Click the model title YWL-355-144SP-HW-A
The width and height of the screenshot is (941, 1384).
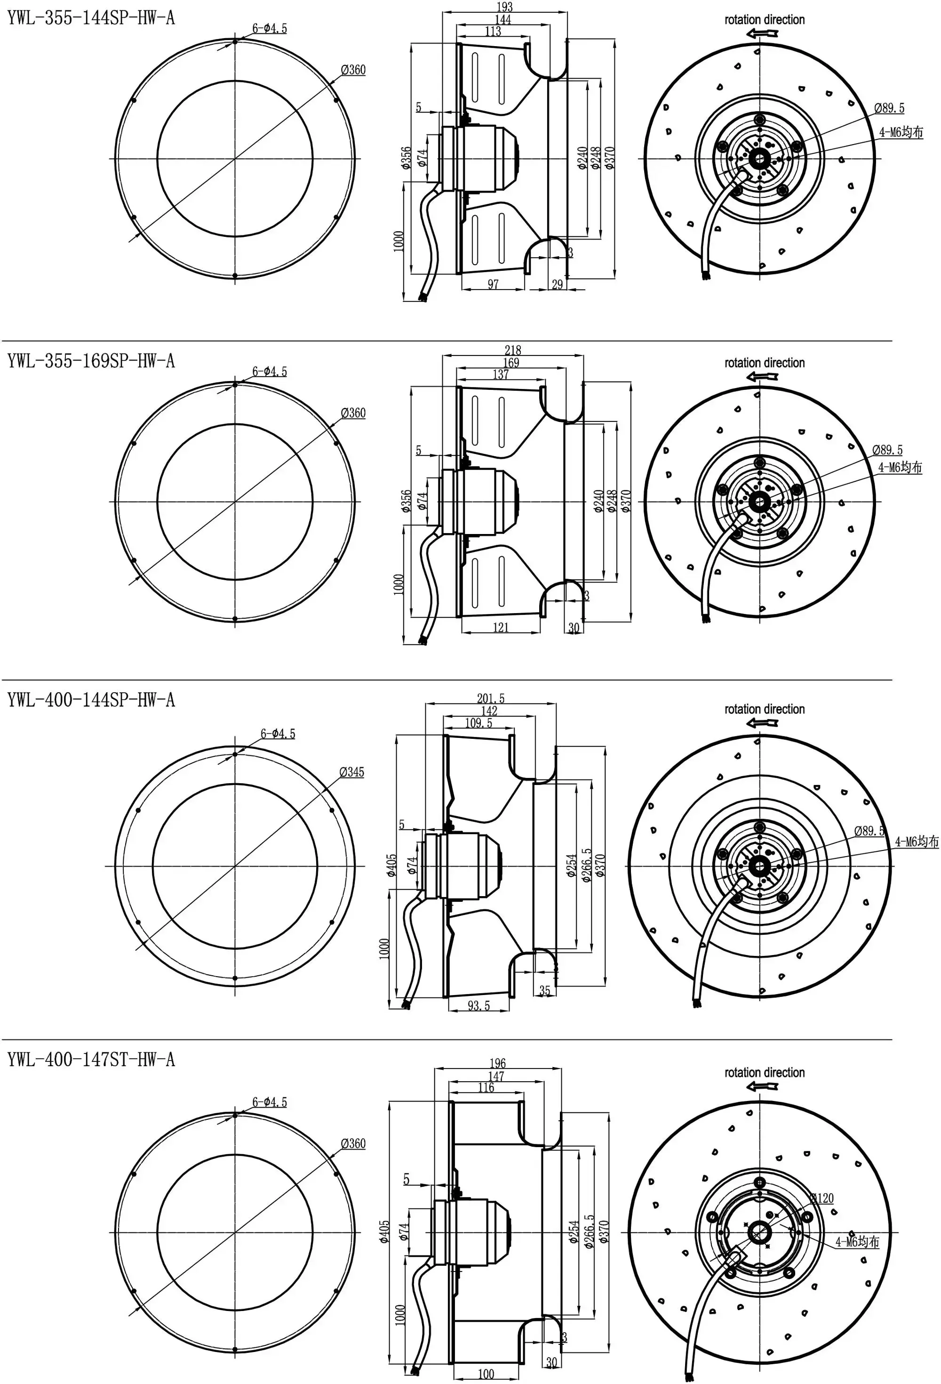point(91,18)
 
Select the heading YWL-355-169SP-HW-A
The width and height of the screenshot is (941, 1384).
point(91,361)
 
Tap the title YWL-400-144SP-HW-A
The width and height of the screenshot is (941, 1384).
point(91,700)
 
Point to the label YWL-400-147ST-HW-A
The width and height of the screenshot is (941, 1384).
point(91,1060)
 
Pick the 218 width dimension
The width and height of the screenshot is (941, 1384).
point(512,350)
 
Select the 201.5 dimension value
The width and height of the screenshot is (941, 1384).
point(490,698)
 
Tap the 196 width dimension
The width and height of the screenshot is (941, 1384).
point(498,1063)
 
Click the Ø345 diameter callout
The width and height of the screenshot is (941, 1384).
point(352,772)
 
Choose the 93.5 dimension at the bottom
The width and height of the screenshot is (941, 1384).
point(478,1006)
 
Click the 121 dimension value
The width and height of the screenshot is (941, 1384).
point(501,627)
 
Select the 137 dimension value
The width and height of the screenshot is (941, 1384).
point(501,374)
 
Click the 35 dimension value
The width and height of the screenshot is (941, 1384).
point(544,991)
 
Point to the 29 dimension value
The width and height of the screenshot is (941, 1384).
point(557,284)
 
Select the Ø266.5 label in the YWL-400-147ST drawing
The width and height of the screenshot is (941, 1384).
point(589,1231)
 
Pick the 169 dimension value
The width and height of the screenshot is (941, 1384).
point(511,363)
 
